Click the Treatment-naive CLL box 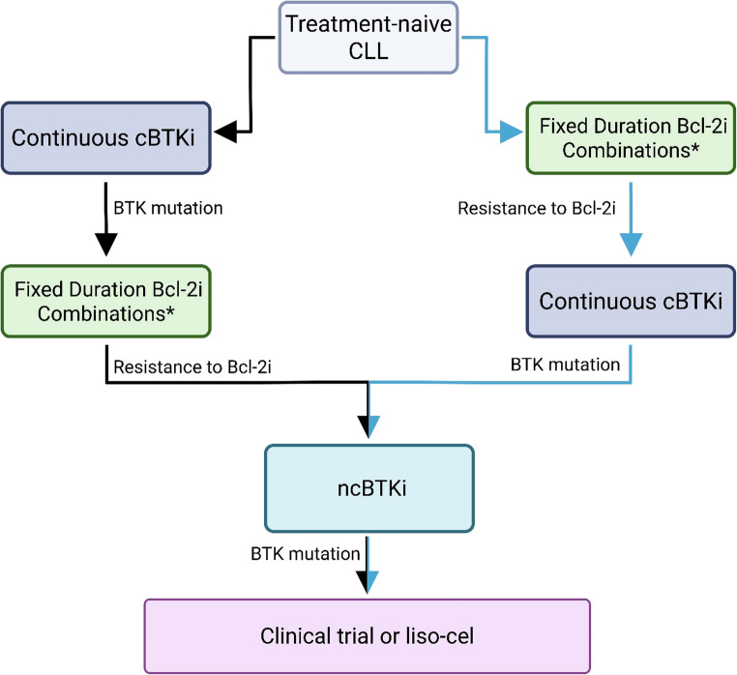click(x=368, y=38)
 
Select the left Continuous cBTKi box click(x=106, y=137)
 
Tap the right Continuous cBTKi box click(x=631, y=302)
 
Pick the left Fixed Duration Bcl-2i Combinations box click(x=106, y=302)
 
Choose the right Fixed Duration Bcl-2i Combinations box click(x=631, y=137)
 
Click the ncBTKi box click(x=369, y=488)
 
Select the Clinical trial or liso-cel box click(x=368, y=636)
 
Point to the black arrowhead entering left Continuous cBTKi click(x=225, y=132)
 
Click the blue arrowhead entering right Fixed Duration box click(x=512, y=132)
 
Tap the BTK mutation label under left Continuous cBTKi click(x=168, y=208)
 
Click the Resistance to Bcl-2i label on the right click(x=537, y=208)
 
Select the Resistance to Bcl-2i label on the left click(x=192, y=367)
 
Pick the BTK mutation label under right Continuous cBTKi click(x=565, y=365)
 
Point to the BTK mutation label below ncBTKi click(x=306, y=554)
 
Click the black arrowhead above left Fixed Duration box click(x=106, y=245)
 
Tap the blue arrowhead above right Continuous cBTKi click(x=631, y=245)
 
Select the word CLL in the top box click(x=368, y=50)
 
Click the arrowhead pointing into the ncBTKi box click(x=368, y=426)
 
